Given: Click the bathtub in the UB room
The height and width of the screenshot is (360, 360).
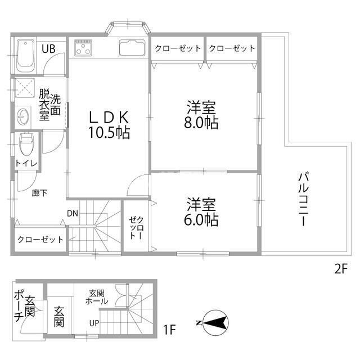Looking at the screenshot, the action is pyautogui.click(x=26, y=56).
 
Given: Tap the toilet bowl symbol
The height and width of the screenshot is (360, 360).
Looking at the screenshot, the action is pyautogui.click(x=26, y=144).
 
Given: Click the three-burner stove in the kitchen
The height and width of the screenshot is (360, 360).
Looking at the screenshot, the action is pyautogui.click(x=83, y=48).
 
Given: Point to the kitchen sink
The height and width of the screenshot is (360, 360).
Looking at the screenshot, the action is pyautogui.click(x=133, y=48).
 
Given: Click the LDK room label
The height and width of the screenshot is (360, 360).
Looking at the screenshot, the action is pyautogui.click(x=109, y=118).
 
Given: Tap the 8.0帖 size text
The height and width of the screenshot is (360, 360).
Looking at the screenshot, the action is pyautogui.click(x=201, y=123).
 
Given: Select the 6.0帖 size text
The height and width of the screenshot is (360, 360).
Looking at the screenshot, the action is pyautogui.click(x=201, y=220).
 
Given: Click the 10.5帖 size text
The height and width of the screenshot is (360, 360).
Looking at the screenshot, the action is pyautogui.click(x=109, y=133).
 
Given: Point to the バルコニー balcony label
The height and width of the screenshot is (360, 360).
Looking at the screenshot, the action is pyautogui.click(x=304, y=199).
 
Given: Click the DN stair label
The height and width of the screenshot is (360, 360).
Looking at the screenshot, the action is pyautogui.click(x=73, y=214).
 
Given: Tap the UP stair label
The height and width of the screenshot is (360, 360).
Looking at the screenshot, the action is pyautogui.click(x=94, y=323).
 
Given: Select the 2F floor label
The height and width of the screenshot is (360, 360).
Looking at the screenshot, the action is pyautogui.click(x=341, y=269).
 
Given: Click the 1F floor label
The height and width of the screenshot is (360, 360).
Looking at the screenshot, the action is pyautogui.click(x=169, y=330).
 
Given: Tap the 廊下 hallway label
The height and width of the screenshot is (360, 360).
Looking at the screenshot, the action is pyautogui.click(x=39, y=193).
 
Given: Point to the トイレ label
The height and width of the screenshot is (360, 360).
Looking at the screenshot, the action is pyautogui.click(x=26, y=163).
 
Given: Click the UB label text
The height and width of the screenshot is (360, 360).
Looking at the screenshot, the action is pyautogui.click(x=48, y=49).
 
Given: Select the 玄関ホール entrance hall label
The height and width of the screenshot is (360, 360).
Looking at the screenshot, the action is pyautogui.click(x=96, y=297).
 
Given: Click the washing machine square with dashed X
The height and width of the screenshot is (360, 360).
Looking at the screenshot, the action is pyautogui.click(x=25, y=88).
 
